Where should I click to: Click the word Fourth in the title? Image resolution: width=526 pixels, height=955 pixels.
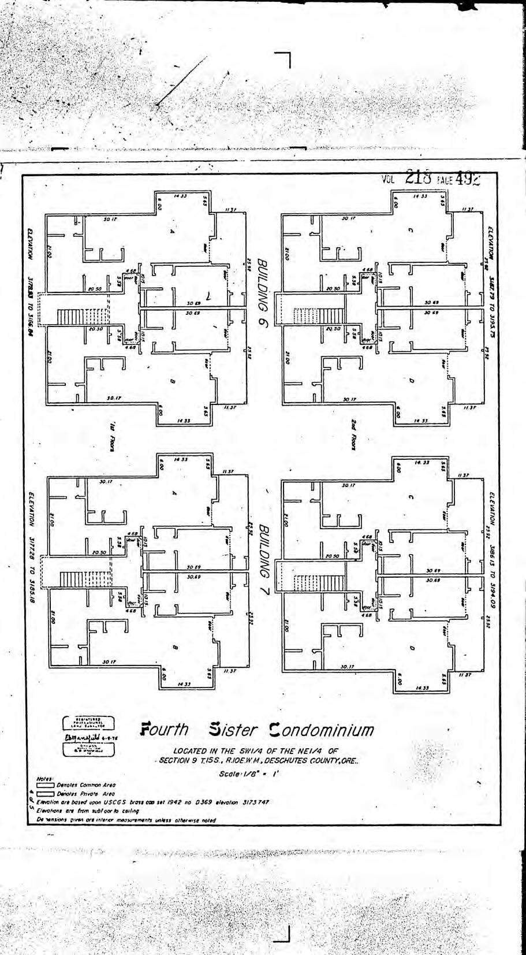tap(165, 730)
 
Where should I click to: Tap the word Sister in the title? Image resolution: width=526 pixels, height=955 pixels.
tap(233, 730)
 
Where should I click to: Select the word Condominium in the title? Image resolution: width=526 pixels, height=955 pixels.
tap(321, 730)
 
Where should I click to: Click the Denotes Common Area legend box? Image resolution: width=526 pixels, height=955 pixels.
tap(45, 785)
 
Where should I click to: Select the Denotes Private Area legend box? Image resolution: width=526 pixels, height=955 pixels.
tap(45, 794)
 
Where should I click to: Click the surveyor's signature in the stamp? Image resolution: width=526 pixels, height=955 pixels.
tap(87, 738)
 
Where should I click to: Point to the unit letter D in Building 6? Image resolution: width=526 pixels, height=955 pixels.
tap(411, 381)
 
